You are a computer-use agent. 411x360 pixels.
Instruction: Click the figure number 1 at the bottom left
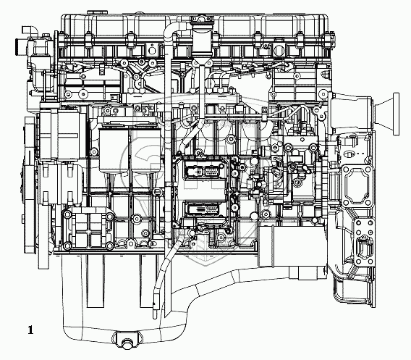[30, 330]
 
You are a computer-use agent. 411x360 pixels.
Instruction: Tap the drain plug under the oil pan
[127, 344]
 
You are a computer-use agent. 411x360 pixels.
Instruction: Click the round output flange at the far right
[396, 114]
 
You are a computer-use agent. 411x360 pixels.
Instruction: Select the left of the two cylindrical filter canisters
[114, 151]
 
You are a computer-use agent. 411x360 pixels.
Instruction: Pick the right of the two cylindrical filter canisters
[145, 151]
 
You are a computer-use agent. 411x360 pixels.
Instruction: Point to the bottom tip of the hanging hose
[155, 317]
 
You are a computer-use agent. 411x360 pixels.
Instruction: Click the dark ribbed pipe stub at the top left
[19, 46]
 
